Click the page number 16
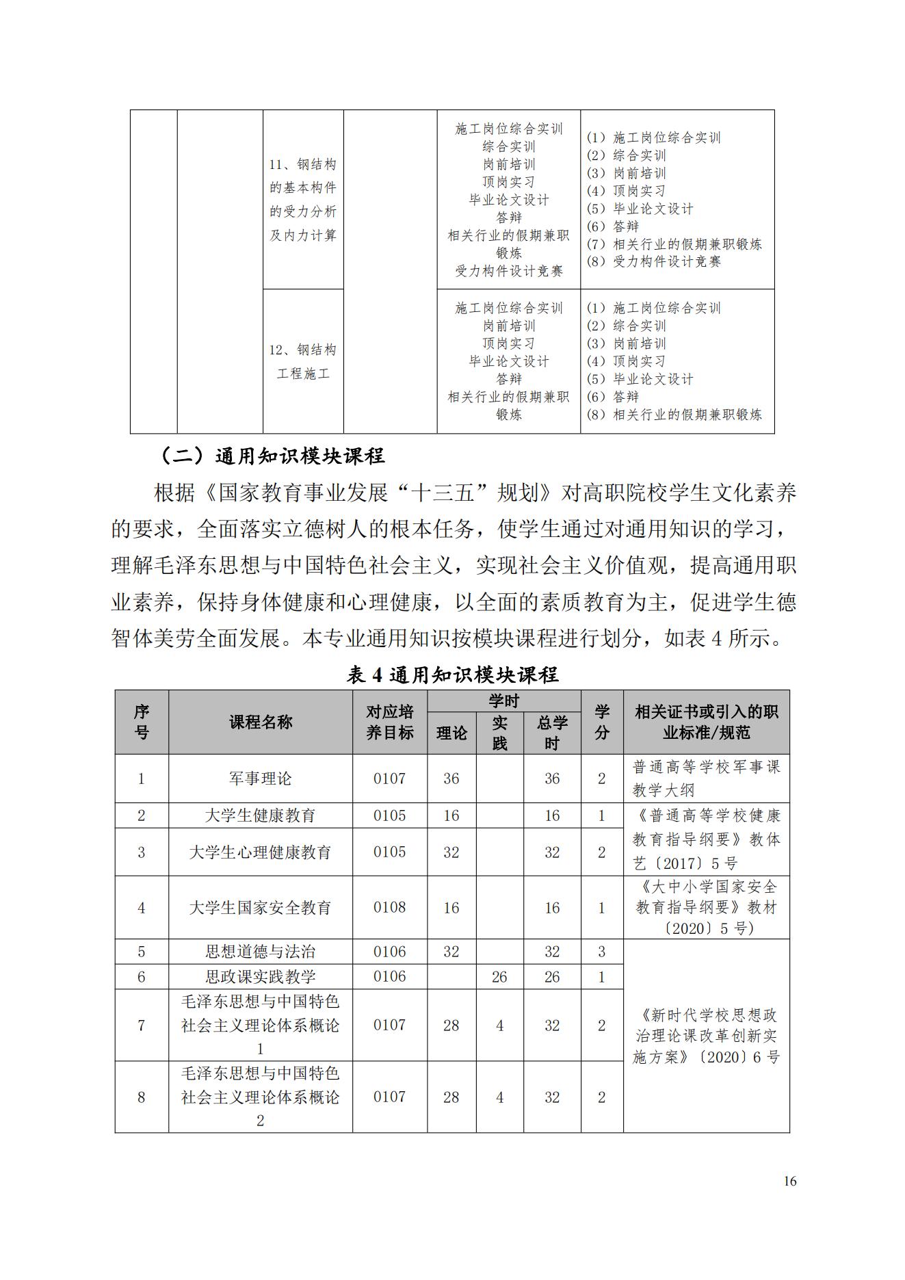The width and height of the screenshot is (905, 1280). click(790, 1181)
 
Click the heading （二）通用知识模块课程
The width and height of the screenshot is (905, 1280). click(272, 456)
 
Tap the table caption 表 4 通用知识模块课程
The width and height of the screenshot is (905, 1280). click(452, 675)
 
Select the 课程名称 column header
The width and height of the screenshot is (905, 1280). click(261, 722)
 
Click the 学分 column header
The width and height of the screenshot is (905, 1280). click(602, 722)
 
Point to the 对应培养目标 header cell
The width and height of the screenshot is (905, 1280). click(390, 722)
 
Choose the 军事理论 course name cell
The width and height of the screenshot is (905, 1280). click(261, 779)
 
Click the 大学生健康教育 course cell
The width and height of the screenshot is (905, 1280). click(261, 815)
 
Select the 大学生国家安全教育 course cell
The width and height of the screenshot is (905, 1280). click(261, 908)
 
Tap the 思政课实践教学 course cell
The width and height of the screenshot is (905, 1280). click(261, 977)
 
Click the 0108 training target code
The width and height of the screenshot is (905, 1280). click(390, 908)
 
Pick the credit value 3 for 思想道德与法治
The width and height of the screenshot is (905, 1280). click(602, 952)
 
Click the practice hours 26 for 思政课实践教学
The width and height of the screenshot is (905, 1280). click(499, 977)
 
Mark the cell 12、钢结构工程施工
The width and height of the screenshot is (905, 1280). click(303, 362)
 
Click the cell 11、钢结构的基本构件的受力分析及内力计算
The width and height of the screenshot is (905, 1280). click(303, 200)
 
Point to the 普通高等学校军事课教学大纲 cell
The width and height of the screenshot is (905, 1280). click(706, 779)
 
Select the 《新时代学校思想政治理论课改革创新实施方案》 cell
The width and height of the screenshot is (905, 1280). click(706, 1036)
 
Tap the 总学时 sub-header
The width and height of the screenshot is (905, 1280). click(552, 733)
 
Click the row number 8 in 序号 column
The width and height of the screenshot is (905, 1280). click(142, 1097)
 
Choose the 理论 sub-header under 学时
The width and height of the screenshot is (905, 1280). click(451, 733)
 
